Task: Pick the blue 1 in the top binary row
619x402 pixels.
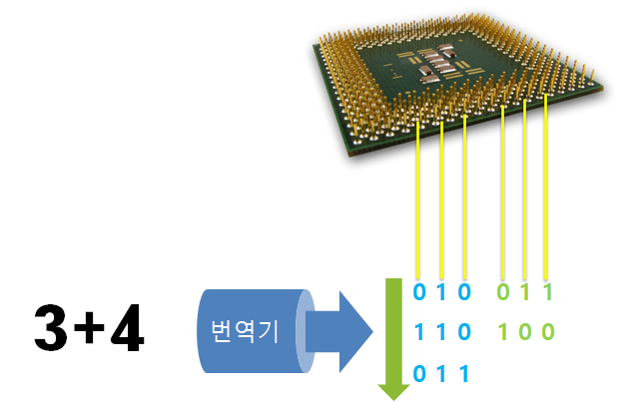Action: pos(442,293)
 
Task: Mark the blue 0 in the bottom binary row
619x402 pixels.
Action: pos(419,372)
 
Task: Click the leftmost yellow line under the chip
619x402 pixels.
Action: pos(417,200)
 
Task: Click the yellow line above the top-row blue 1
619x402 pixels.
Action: pos(441,200)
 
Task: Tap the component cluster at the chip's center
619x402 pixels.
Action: pos(439,66)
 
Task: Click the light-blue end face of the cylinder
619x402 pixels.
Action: pos(309,330)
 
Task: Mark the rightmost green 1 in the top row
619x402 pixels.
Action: pos(547,293)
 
